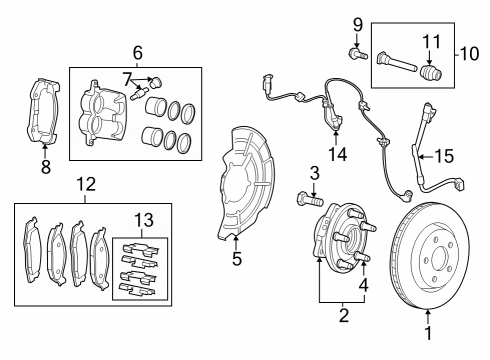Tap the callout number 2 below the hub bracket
tap(343, 317)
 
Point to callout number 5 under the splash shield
tap(237, 258)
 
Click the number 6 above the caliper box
tap(137, 52)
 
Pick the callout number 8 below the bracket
tap(45, 168)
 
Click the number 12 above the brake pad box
tap(85, 184)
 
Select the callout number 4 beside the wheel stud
tap(363, 284)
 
